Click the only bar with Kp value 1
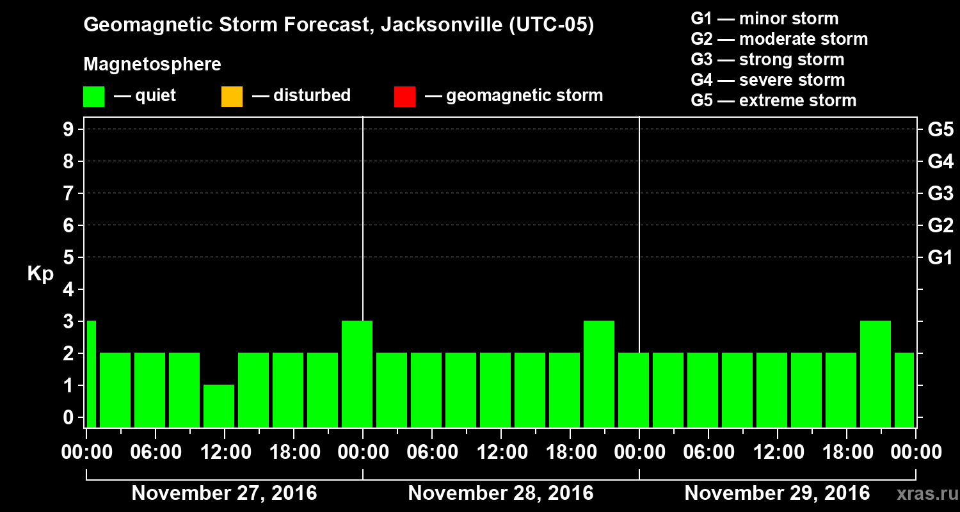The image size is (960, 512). tap(219, 406)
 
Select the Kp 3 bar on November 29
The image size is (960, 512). tap(876, 374)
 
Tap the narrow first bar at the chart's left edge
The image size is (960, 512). tap(91, 374)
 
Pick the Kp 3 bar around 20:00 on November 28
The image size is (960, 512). tap(599, 374)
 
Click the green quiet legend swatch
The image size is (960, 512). tap(93, 97)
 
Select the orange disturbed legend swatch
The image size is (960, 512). tap(232, 97)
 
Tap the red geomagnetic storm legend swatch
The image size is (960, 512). tap(404, 97)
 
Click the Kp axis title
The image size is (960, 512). tap(40, 274)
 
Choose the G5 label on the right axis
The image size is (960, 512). tap(940, 130)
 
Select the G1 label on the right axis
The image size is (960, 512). tap(940, 258)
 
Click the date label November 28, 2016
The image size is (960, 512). tap(500, 493)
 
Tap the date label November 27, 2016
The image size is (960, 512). tap(224, 493)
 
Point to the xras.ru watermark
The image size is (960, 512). tap(925, 493)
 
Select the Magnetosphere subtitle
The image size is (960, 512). tap(152, 65)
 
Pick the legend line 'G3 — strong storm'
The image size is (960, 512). tap(767, 60)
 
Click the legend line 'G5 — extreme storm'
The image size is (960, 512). tap(773, 100)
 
